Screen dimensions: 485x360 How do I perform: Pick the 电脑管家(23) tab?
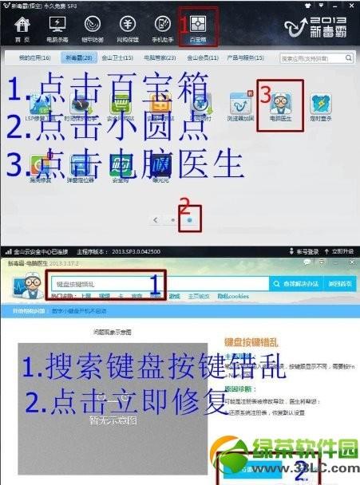(x=161, y=58)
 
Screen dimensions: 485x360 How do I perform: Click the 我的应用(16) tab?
(x=34, y=58)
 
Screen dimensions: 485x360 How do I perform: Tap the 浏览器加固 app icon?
(x=241, y=105)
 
